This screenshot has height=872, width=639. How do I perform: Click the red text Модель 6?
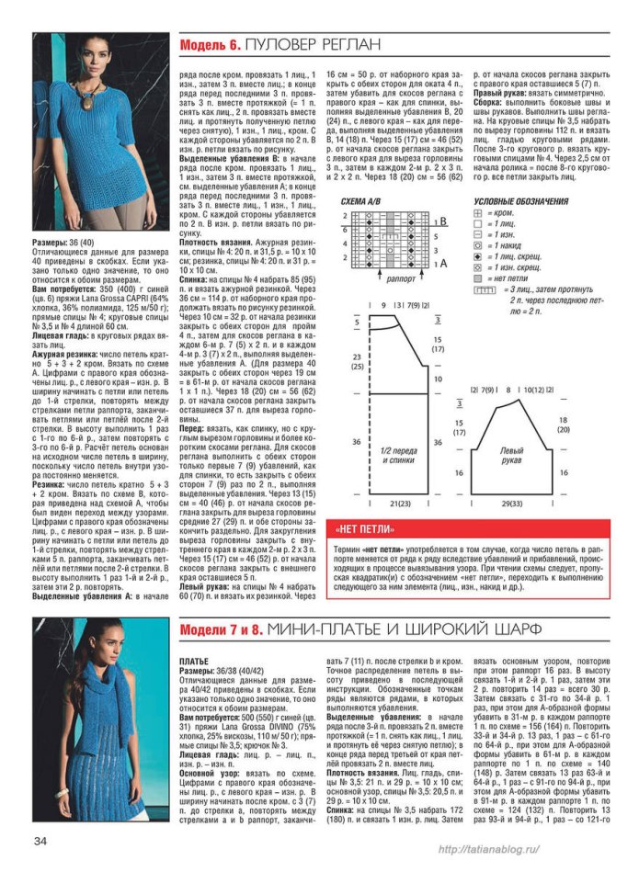coord(211,44)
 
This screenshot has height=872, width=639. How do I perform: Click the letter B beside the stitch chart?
coord(444,221)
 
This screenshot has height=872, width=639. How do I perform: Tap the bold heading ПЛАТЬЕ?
coord(197,661)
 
